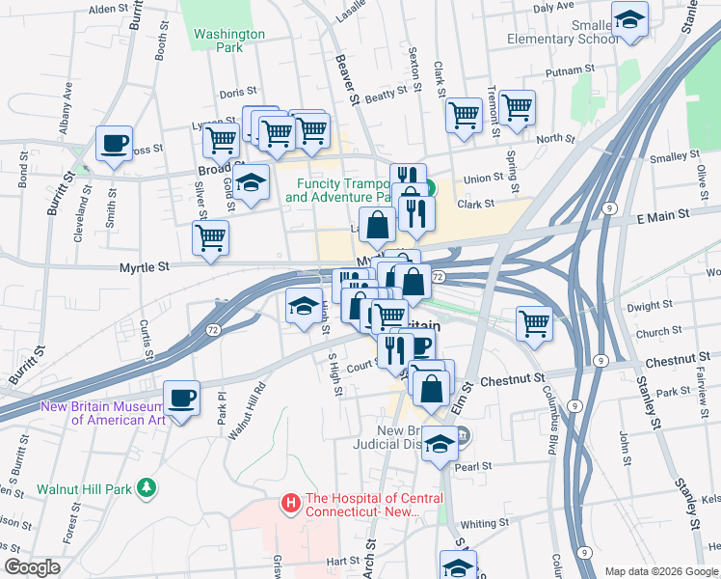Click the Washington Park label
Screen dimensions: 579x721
click(228, 40)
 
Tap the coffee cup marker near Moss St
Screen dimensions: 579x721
click(114, 144)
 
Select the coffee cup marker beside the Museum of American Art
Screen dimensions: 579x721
click(181, 397)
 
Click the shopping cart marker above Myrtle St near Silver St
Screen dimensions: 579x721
click(210, 237)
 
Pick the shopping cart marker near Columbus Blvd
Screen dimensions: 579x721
click(534, 323)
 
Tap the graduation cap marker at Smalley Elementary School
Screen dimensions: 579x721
click(629, 19)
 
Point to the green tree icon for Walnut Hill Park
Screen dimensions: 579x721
click(146, 488)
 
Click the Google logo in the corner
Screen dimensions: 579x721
click(31, 567)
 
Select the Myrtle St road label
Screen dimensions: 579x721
click(144, 267)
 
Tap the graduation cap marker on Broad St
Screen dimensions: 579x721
click(251, 182)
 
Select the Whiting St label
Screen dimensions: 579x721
click(484, 522)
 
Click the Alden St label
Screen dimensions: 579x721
click(108, 9)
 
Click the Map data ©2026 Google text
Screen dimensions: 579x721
click(660, 571)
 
